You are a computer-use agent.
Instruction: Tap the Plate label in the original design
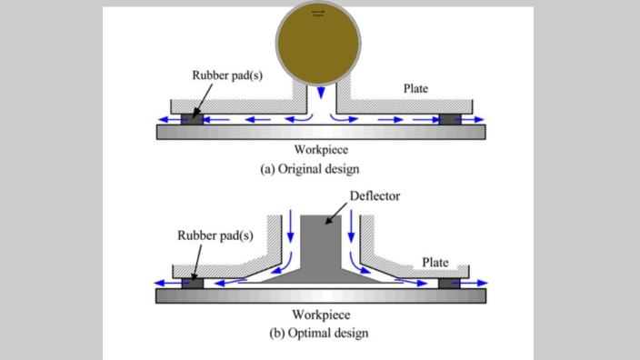click(421, 88)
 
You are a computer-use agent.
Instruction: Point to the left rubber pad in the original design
click(193, 118)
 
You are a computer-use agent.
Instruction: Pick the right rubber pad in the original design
click(448, 118)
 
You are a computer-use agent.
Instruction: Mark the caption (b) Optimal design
click(319, 333)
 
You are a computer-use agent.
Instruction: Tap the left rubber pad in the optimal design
click(192, 283)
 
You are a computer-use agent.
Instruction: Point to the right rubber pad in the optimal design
click(448, 283)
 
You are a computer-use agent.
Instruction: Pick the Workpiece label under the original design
click(319, 150)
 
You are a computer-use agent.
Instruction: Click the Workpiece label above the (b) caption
click(319, 315)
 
